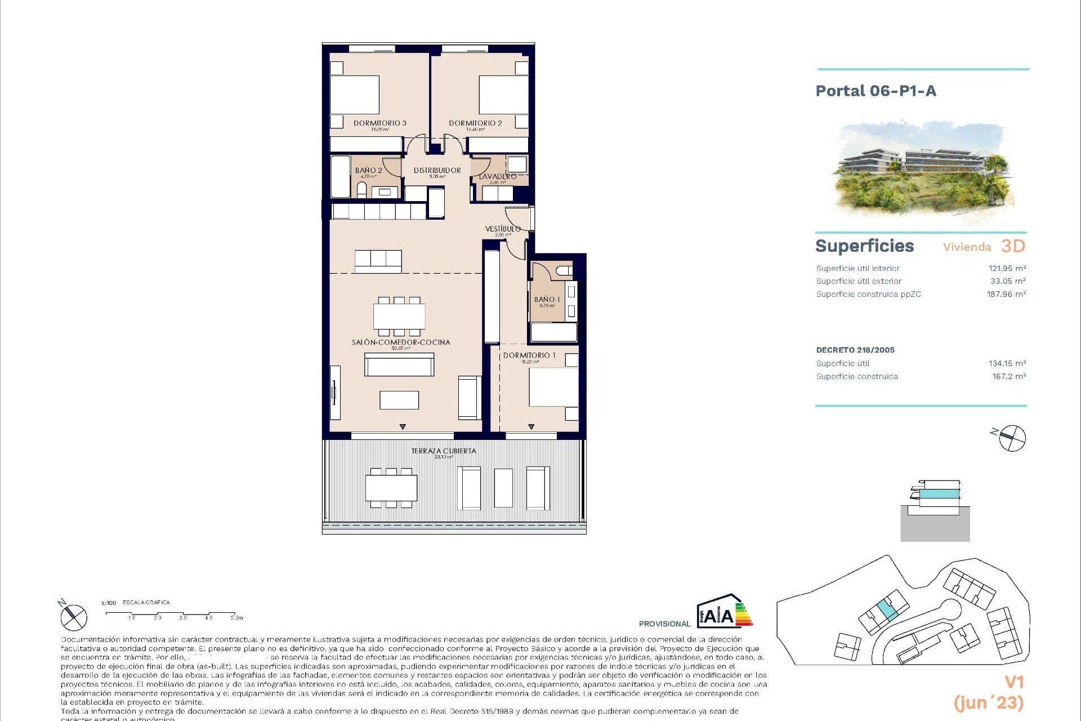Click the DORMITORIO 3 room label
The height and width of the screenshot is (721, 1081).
coord(380,123)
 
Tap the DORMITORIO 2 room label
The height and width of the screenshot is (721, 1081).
coord(475,123)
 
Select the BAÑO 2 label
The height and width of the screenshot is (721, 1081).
coord(369,170)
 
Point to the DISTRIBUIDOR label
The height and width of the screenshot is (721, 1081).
coord(437,170)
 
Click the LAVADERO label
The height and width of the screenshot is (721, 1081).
coord(498,177)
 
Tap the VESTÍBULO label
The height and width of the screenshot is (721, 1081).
coord(503,229)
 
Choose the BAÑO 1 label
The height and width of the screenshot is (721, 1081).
coord(547,300)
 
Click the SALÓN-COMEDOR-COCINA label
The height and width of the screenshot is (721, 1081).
coord(401,342)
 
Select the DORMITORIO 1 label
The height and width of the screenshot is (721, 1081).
coord(529,355)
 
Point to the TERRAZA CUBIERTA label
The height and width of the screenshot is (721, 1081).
coord(444,451)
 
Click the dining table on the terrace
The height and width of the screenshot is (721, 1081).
coord(391,488)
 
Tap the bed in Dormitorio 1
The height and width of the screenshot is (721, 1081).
coord(553,387)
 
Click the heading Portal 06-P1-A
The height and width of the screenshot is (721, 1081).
coord(875,91)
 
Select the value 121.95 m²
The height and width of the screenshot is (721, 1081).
coord(1007,269)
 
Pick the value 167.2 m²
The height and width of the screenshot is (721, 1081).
coord(1009,376)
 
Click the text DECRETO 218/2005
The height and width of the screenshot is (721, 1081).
coord(855,350)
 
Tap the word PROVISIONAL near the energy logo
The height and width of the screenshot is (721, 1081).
coord(664,624)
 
